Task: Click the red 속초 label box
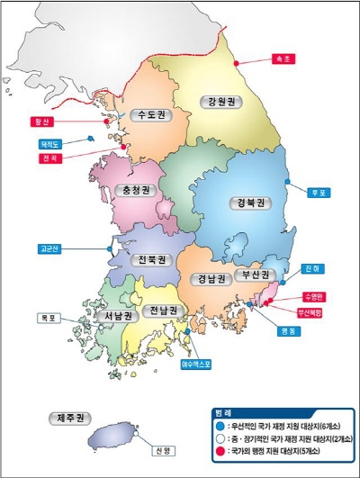click(283, 60)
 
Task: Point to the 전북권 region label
click(151, 260)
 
